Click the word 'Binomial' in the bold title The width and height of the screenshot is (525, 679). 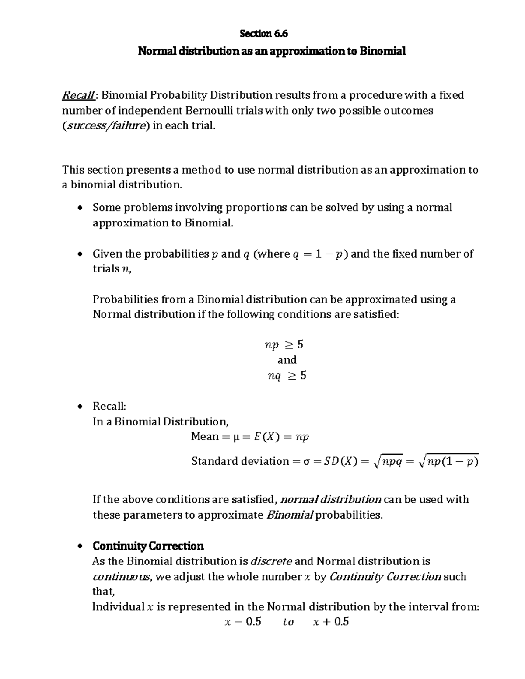382,52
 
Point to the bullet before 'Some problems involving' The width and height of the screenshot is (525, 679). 79,208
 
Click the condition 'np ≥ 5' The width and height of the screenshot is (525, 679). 284,345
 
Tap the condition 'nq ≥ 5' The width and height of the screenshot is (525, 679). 287,376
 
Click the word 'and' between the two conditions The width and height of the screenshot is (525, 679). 287,360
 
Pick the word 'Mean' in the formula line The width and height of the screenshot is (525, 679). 205,437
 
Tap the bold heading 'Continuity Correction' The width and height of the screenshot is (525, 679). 148,546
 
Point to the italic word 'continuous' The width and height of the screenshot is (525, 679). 122,577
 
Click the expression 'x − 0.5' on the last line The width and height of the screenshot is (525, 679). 242,622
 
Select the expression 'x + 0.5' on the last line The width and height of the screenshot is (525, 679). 331,622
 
